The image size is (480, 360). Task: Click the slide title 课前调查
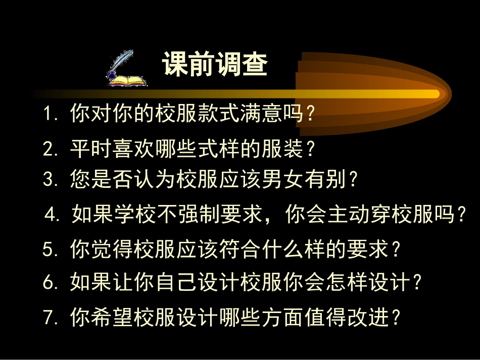tap(215, 65)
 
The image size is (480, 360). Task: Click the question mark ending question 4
tap(460, 216)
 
